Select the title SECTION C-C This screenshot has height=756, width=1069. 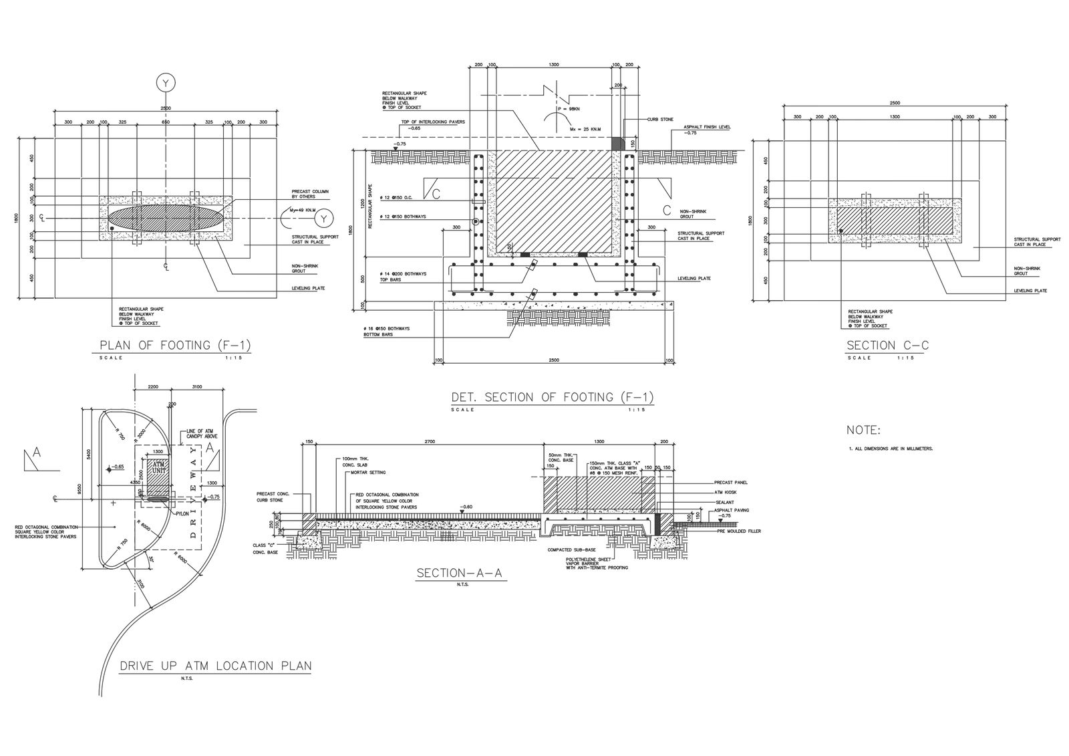point(888,346)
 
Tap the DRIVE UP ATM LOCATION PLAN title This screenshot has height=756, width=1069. point(215,666)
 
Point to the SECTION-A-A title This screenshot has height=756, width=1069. point(461,573)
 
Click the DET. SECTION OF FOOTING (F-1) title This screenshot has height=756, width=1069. point(552,397)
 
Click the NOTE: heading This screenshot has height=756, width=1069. point(863,430)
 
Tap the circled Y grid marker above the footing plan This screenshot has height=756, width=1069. point(165,83)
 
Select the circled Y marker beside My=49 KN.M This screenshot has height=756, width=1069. point(325,218)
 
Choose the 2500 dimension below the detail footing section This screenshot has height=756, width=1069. point(553,360)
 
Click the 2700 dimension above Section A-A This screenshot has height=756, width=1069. point(430,442)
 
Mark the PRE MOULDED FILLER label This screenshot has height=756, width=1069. point(739,531)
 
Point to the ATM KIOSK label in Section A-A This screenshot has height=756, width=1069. point(725,491)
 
